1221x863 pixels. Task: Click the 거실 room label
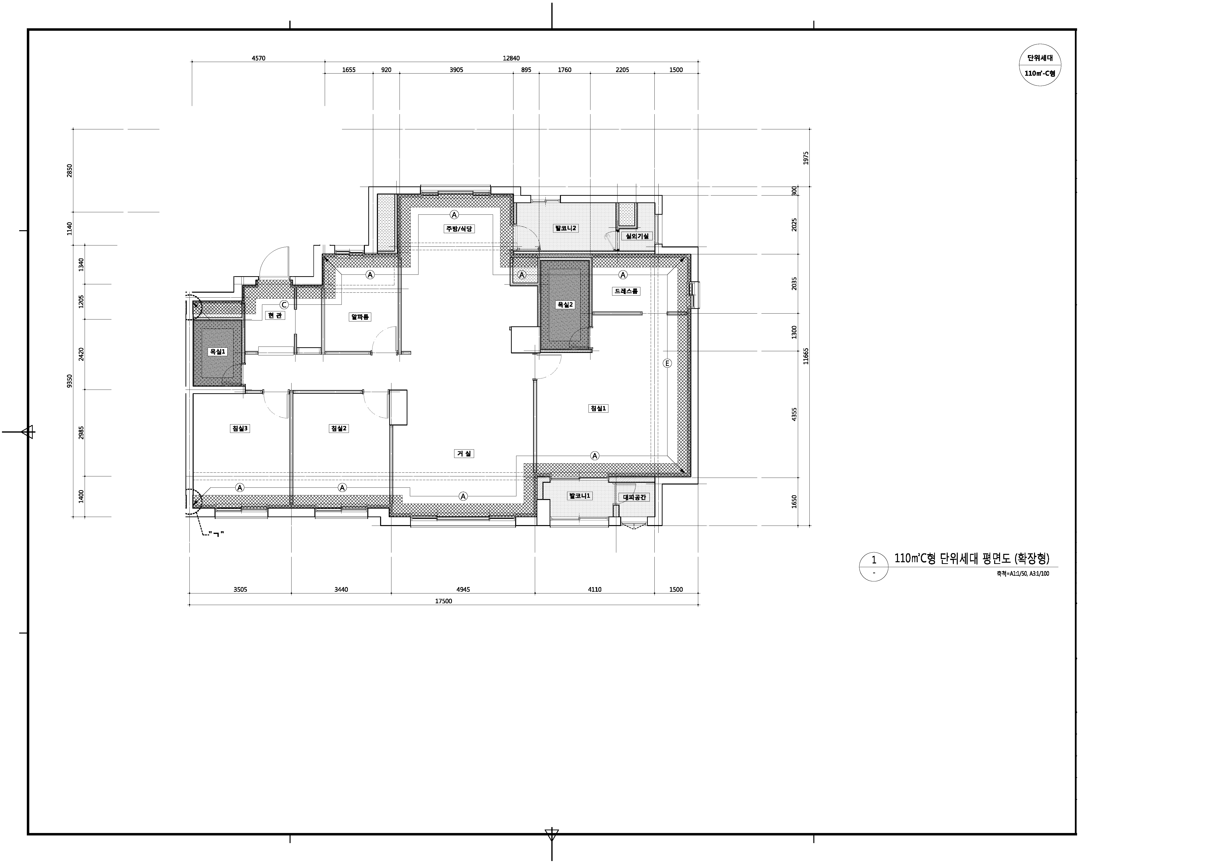click(x=464, y=454)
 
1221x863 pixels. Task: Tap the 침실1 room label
click(x=598, y=408)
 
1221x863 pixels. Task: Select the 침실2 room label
click(x=339, y=429)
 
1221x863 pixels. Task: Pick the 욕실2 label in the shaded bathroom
click(x=565, y=305)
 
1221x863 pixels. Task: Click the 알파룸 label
click(x=360, y=317)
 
